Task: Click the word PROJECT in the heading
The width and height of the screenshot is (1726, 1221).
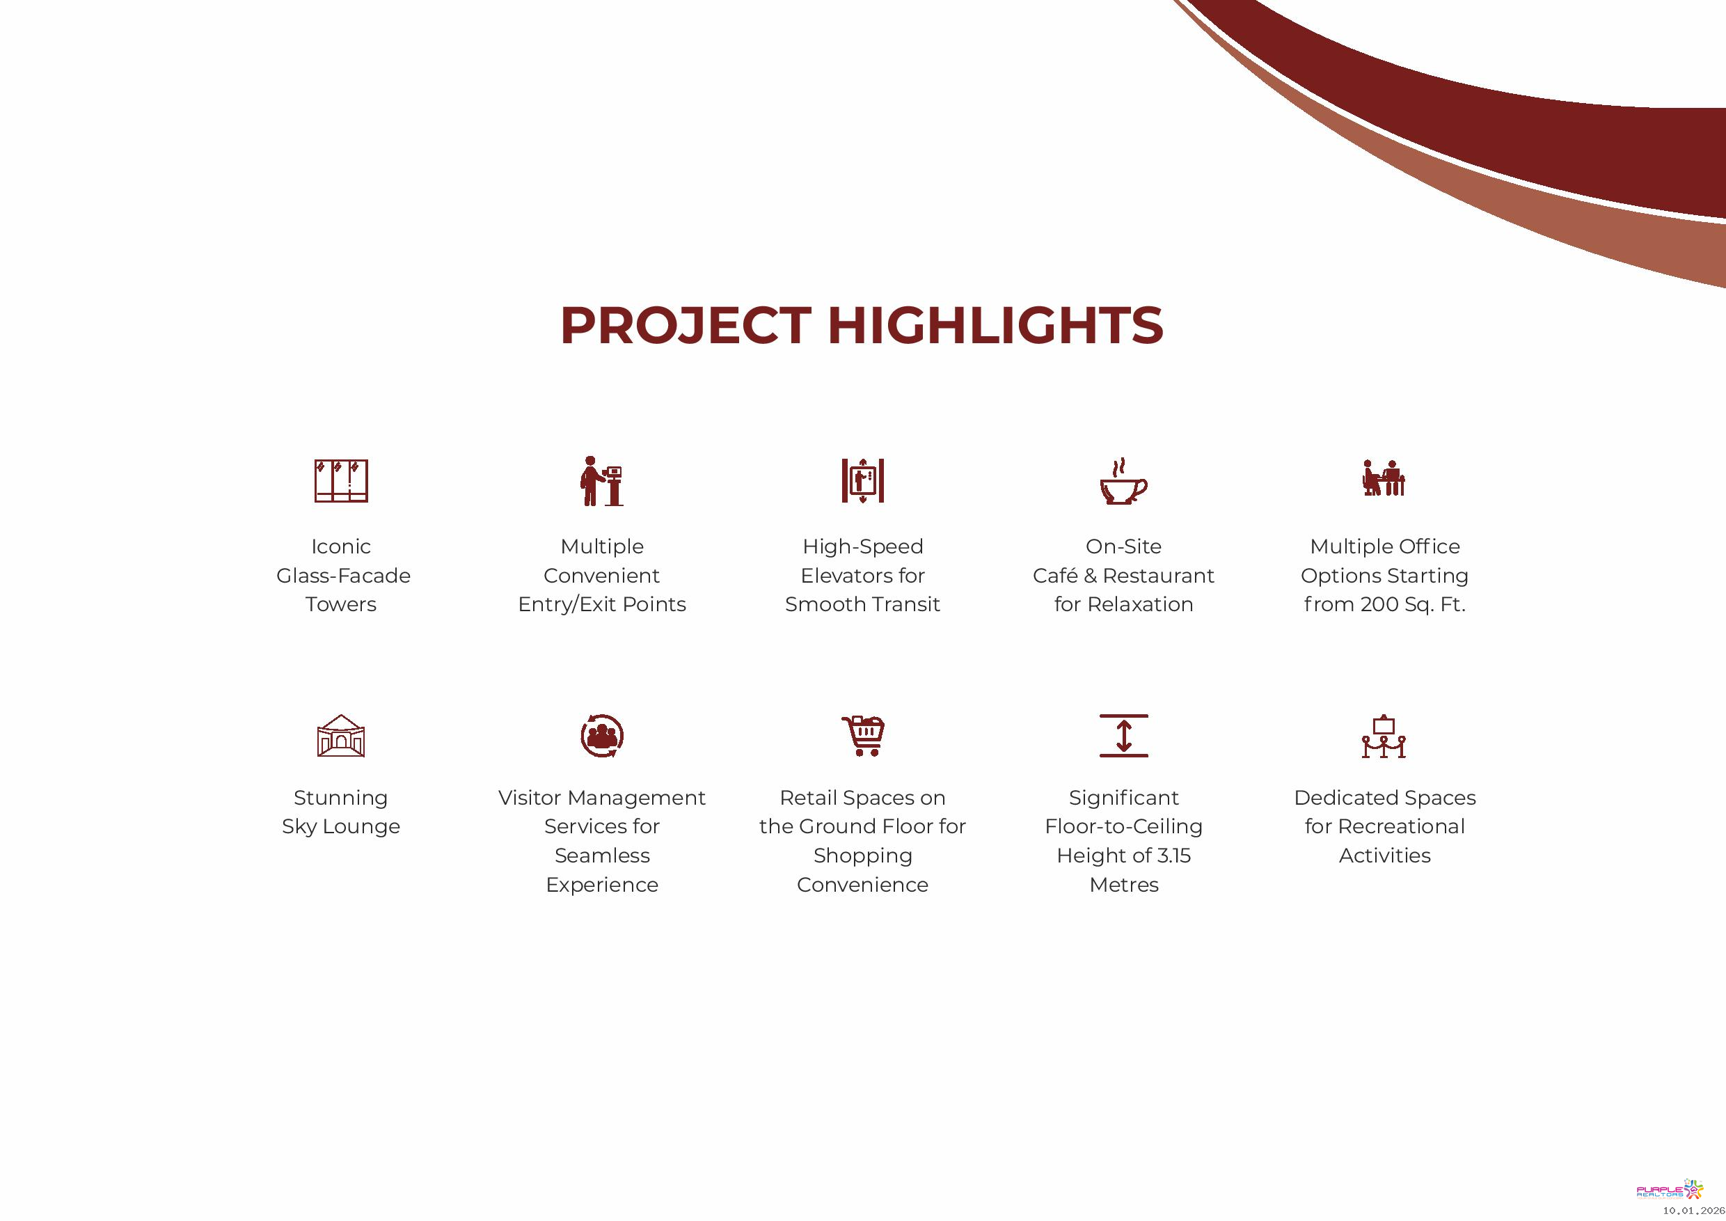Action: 685,326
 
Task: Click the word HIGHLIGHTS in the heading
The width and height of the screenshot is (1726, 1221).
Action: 995,326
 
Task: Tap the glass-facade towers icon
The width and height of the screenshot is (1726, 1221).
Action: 340,480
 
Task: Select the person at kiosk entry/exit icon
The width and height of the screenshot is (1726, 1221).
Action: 601,480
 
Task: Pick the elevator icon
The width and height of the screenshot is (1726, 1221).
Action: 862,480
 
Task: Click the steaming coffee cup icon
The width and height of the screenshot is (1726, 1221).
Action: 1123,480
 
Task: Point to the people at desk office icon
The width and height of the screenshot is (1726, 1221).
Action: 1384,478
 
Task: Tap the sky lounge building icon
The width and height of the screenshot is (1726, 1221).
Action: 340,735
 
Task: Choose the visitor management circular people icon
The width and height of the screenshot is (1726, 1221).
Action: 601,735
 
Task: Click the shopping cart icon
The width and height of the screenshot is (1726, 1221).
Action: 863,735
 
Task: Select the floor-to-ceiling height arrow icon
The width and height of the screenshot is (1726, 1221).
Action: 1123,735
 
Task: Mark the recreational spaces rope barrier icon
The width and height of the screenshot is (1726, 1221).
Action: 1384,736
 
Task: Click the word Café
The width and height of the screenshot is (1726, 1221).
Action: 1056,576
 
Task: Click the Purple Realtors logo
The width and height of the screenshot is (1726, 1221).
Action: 1670,1190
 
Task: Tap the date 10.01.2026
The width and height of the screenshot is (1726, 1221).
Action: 1693,1211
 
